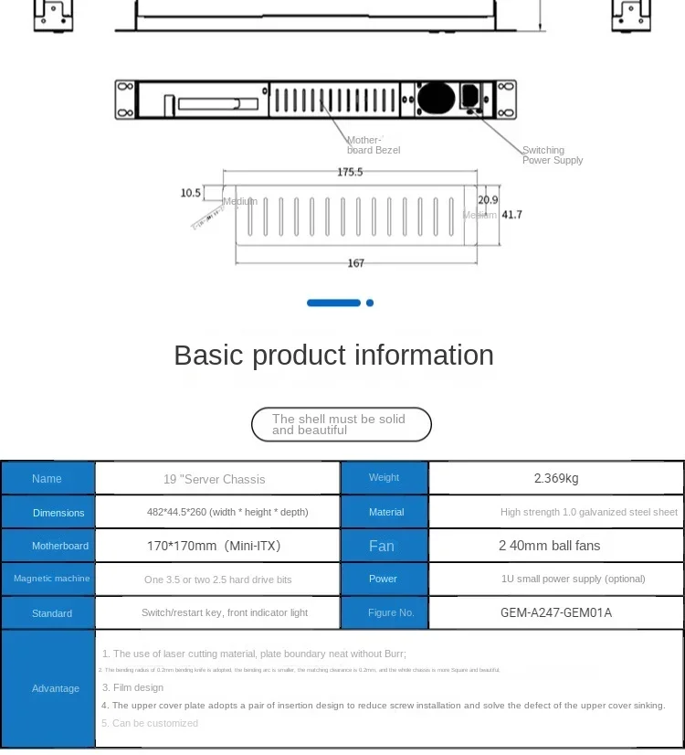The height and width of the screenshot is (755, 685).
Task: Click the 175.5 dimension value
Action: (350, 172)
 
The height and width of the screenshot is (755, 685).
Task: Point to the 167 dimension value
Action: (356, 263)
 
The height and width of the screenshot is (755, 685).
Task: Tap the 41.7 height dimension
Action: (512, 215)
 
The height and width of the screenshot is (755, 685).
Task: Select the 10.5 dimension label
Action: (190, 193)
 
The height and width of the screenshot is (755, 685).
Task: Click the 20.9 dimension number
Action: (488, 200)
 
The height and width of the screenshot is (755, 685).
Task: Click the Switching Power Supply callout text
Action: (552, 155)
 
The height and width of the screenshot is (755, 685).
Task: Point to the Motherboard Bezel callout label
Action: (373, 145)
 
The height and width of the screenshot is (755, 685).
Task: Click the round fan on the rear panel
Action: (436, 98)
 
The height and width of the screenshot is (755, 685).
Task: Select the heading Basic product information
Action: (334, 355)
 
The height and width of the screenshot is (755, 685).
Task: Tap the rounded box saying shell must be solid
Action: (341, 424)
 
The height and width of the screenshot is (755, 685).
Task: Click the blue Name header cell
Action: (47, 478)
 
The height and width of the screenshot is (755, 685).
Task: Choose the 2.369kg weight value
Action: (556, 478)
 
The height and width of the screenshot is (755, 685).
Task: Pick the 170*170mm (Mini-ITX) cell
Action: (217, 546)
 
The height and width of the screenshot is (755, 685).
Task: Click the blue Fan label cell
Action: (383, 546)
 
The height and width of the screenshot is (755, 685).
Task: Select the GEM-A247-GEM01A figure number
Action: (556, 612)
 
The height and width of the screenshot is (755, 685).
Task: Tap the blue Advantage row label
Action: (55, 688)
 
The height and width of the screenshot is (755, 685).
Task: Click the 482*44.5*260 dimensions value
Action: (227, 512)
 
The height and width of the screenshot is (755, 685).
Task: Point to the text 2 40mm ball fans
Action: (549, 546)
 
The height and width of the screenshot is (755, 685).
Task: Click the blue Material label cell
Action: (385, 512)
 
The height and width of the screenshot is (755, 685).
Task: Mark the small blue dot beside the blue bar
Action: (370, 303)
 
